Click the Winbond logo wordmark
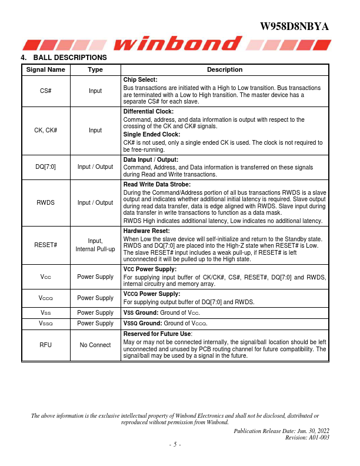(179, 44)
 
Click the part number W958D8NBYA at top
(294, 27)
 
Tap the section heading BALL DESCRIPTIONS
(70, 58)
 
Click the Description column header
(225, 69)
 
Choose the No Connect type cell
(95, 345)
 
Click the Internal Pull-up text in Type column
(95, 249)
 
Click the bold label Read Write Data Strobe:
(158, 184)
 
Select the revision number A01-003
(316, 437)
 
